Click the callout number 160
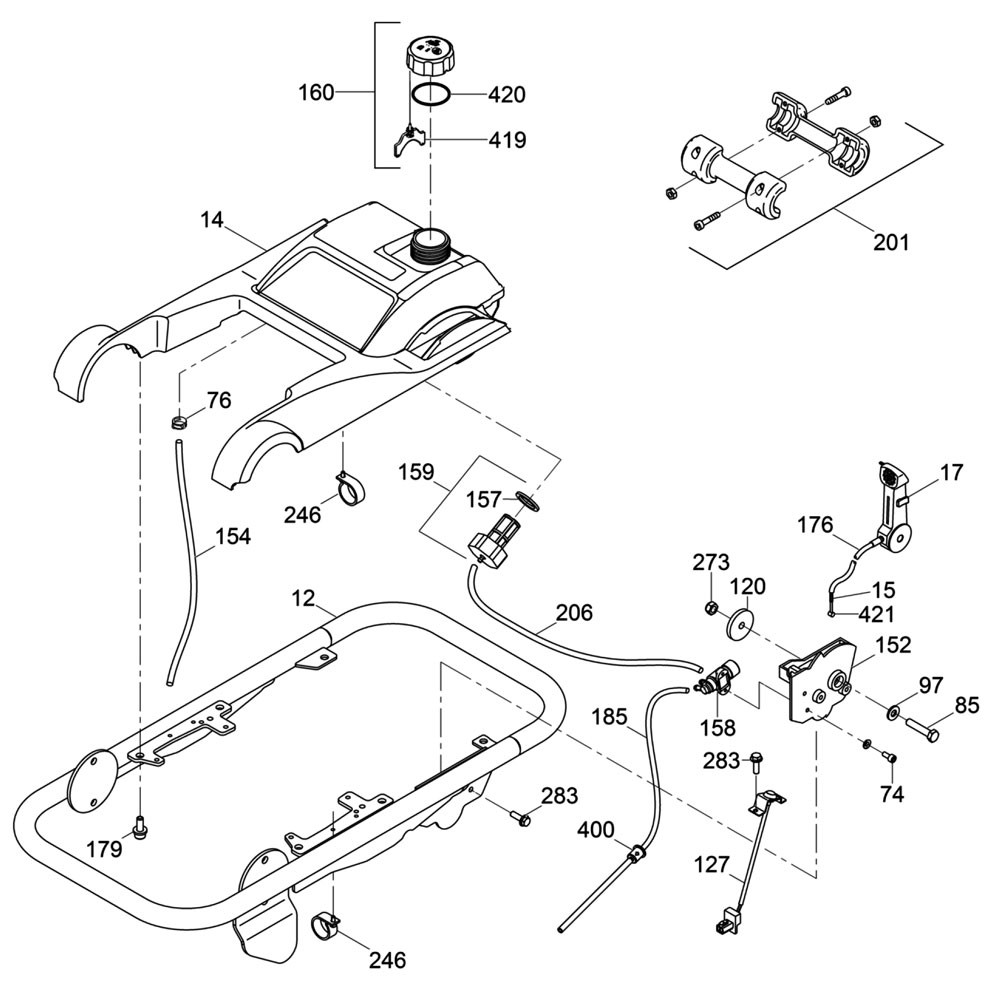click(317, 94)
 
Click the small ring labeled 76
click(179, 421)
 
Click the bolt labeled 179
click(140, 826)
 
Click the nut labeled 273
click(710, 607)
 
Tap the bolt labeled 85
click(922, 735)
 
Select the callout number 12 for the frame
click(302, 598)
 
